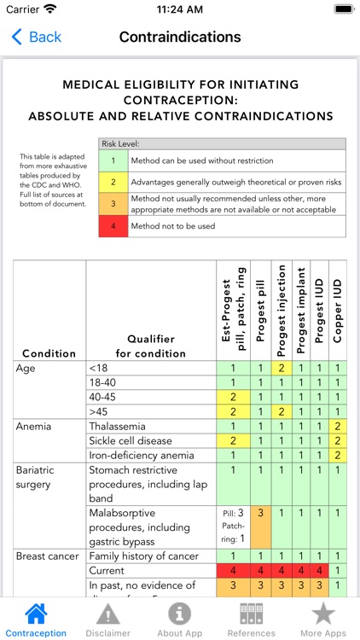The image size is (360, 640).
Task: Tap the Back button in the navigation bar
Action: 36,37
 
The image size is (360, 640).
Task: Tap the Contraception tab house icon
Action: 36,614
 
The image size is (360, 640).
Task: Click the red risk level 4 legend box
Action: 113,226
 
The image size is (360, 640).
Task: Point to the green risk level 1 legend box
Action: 113,160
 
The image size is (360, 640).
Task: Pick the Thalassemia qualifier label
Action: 118,426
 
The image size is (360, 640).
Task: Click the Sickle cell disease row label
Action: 130,440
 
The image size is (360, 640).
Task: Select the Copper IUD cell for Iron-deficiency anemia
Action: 338,455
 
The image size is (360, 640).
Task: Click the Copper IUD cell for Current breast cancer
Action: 338,571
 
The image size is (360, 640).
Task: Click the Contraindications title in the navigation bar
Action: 180,37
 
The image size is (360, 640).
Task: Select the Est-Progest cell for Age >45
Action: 232,411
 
